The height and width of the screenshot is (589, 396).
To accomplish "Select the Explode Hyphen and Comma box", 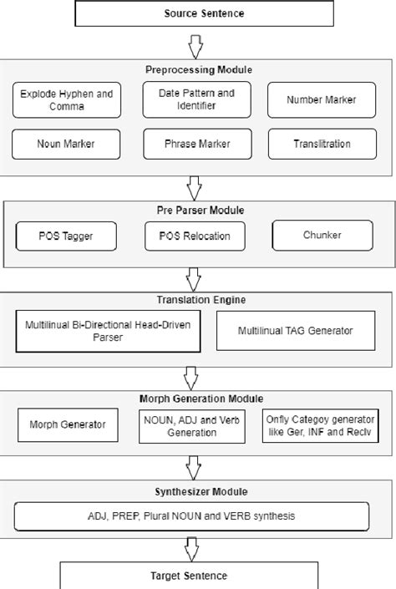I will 67,99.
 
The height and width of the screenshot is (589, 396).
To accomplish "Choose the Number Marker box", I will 322,99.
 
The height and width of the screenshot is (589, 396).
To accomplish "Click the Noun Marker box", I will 67,144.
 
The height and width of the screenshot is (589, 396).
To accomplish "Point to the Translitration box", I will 322,144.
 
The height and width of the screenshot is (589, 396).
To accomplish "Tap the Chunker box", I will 322,236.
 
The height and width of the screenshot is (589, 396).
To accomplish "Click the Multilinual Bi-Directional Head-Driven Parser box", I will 107,330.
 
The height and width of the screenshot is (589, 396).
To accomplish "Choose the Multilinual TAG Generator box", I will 296,331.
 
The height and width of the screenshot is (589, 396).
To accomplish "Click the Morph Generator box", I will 68,425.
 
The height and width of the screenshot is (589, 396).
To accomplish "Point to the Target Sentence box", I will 189,576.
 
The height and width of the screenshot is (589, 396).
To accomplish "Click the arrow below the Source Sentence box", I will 194,43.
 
